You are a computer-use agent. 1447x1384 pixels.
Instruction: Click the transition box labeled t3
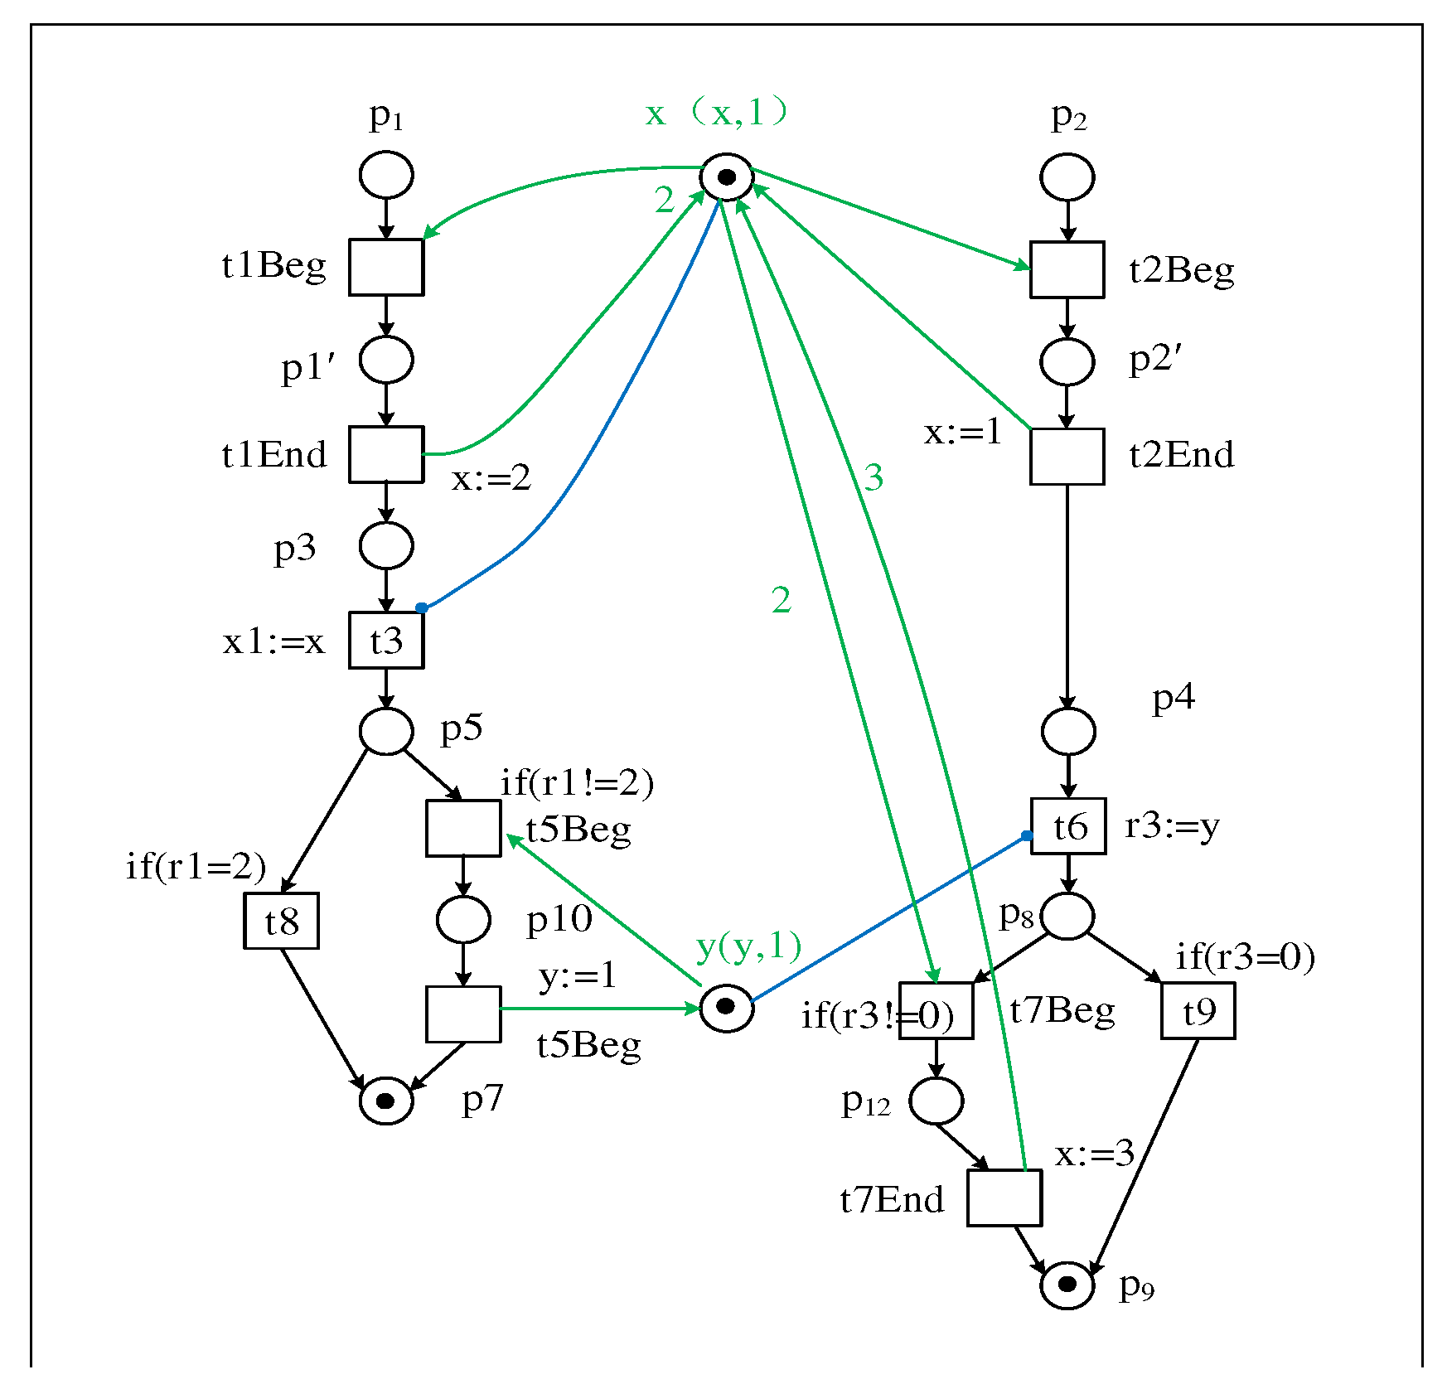(386, 640)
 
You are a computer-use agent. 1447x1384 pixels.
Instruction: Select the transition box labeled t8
(281, 921)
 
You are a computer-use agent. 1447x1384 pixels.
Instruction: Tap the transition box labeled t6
(1067, 826)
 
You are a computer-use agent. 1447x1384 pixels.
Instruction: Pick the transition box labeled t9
(1198, 1010)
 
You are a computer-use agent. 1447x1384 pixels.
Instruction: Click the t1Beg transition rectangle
(386, 267)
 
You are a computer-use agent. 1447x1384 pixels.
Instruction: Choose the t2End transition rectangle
(1067, 457)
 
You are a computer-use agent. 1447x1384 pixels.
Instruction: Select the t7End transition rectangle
(1004, 1198)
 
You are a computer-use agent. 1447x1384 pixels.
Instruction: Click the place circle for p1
(386, 175)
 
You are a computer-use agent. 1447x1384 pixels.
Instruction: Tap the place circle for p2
(1067, 177)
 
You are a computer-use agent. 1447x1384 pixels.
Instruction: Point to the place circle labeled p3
(386, 546)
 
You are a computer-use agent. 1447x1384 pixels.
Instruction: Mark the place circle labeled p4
(1067, 732)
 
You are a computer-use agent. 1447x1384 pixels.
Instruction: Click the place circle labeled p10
(463, 920)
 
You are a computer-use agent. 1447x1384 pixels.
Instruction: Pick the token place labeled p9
(1067, 1285)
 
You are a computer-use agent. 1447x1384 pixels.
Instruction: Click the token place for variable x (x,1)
(727, 177)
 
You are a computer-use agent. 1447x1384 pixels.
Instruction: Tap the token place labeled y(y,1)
(727, 1008)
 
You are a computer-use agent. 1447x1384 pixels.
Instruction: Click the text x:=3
(1094, 1154)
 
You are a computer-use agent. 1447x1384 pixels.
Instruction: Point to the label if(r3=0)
(1245, 957)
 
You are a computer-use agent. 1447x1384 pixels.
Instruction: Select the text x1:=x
(273, 641)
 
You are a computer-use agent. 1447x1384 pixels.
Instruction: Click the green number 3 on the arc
(874, 477)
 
